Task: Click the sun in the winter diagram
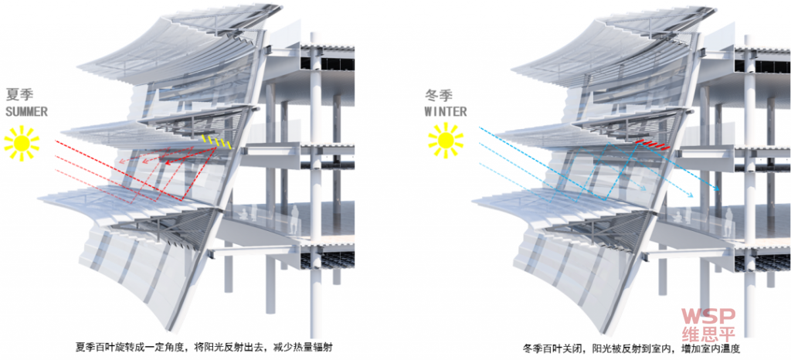(446, 141)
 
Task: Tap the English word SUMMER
(27, 111)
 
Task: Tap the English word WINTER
(446, 110)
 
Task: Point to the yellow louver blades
(217, 141)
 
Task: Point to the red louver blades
(653, 144)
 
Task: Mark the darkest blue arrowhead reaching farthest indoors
(716, 189)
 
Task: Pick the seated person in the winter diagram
(679, 216)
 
